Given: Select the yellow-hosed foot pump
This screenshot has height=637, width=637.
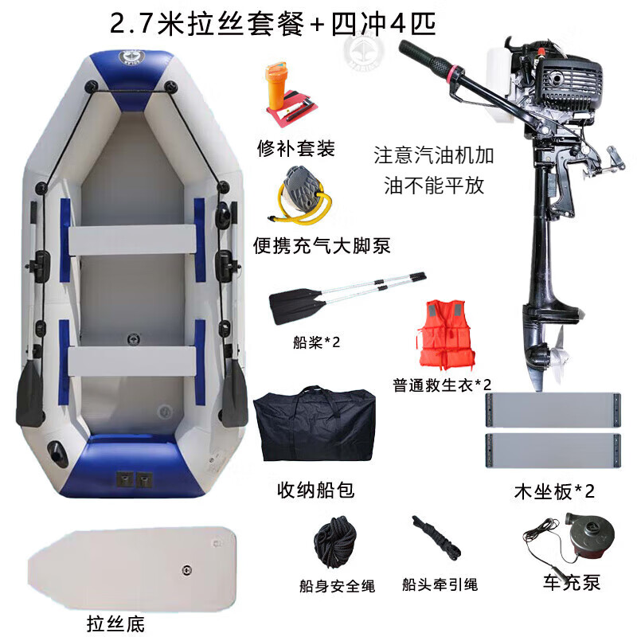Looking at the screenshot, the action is (x=301, y=196).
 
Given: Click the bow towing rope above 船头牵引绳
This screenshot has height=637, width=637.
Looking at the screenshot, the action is (x=436, y=537).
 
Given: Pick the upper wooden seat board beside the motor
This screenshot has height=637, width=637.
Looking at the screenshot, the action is (x=553, y=410).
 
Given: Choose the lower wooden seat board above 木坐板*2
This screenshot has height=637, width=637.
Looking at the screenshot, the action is (x=553, y=451).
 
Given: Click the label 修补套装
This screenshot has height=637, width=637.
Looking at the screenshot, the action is (x=295, y=148).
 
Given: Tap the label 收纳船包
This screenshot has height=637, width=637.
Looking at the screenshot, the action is (x=315, y=490).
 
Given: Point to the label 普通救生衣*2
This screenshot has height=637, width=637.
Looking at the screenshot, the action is (x=442, y=385).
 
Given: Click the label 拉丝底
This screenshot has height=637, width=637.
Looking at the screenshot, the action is (x=115, y=623).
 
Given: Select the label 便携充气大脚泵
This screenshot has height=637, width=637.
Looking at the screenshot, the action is (x=322, y=246).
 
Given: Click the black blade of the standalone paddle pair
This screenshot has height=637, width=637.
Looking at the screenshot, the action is (x=297, y=306).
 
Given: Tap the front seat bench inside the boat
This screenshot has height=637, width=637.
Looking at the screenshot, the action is (x=131, y=240).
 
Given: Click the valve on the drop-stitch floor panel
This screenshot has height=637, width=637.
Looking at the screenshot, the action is (x=186, y=570).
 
